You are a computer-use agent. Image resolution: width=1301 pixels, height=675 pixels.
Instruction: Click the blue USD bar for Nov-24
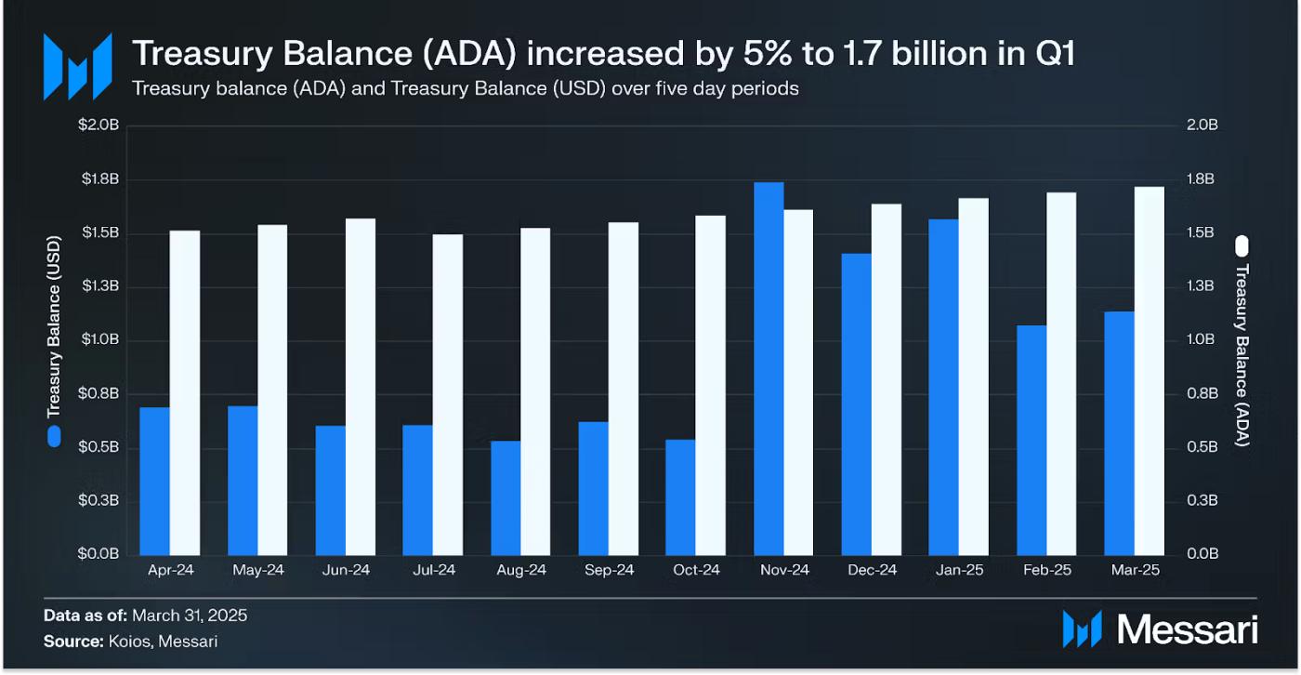point(769,368)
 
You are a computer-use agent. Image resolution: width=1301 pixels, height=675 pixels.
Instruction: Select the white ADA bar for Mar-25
point(1150,370)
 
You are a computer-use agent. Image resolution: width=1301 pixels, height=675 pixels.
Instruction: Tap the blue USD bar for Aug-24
point(506,497)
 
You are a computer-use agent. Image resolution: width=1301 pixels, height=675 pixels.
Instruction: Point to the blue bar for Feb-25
point(1032,440)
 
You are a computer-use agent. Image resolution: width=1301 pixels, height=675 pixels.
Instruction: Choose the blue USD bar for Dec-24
point(856,404)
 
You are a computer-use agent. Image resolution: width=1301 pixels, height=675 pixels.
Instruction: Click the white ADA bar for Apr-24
point(185,392)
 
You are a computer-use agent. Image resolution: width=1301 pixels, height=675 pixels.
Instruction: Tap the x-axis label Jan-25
point(959,570)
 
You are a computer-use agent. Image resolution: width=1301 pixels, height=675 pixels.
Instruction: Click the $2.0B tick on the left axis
point(99,126)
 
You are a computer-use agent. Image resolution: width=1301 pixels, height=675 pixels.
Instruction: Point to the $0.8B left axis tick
point(99,394)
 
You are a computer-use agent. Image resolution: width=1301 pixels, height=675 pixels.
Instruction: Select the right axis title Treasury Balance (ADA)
point(1242,354)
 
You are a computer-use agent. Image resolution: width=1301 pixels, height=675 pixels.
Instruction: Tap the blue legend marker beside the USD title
point(54,435)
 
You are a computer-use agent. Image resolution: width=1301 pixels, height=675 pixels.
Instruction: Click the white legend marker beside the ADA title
point(1242,245)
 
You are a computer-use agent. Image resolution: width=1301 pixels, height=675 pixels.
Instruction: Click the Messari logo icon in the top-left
point(77,66)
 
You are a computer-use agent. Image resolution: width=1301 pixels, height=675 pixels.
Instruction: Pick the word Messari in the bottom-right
point(1188,629)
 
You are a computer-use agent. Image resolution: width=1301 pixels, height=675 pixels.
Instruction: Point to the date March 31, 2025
point(190,615)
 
